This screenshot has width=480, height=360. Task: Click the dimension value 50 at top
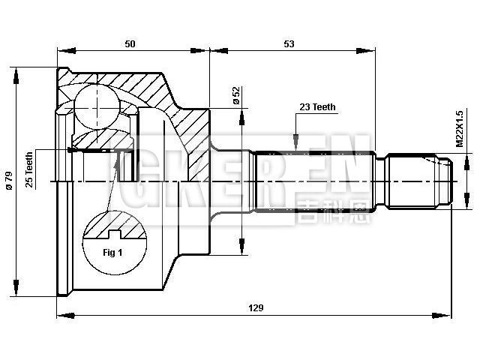[130, 44]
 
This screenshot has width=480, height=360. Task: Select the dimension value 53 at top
[289, 44]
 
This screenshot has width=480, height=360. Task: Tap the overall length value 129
[255, 308]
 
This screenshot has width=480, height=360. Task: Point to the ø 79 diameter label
[9, 181]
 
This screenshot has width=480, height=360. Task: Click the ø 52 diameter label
[235, 95]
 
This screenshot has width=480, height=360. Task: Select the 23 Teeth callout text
[317, 107]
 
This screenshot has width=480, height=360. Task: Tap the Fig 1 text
[112, 252]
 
